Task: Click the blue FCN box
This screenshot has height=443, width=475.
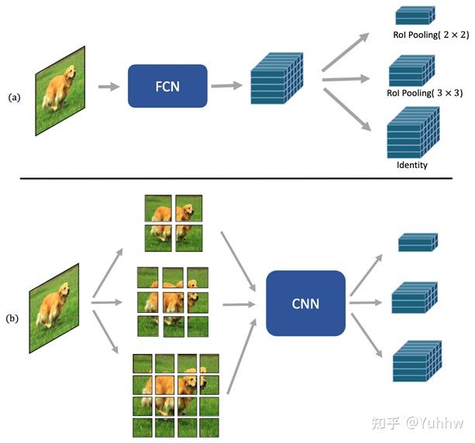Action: tap(167, 85)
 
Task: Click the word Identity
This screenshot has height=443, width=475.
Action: tap(411, 165)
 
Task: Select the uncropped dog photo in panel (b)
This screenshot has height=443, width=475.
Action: tap(54, 307)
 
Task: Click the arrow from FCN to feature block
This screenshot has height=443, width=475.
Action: tap(225, 85)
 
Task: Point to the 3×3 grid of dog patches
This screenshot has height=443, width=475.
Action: tap(172, 301)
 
